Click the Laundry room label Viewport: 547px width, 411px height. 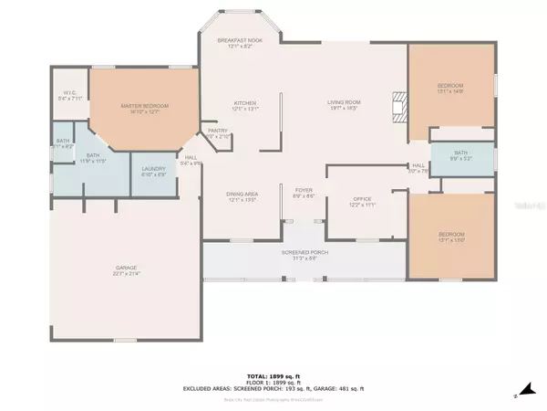(x=152, y=171)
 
